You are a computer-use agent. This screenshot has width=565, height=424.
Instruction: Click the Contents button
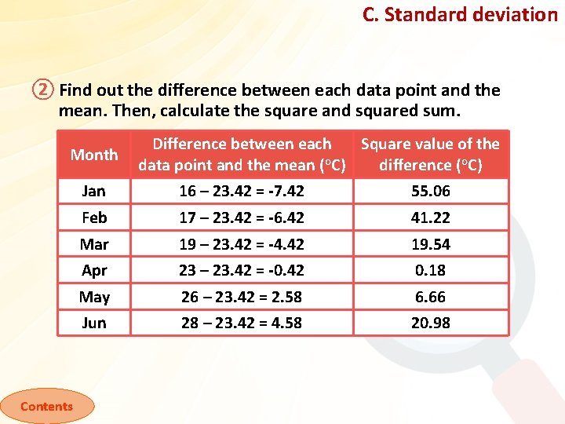[46, 406]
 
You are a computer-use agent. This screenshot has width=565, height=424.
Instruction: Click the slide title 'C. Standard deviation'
[459, 14]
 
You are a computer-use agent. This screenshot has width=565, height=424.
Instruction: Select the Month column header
[94, 155]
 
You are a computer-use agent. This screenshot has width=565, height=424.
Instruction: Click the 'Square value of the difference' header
[430, 155]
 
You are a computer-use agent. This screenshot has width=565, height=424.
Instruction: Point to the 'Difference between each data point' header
[242, 155]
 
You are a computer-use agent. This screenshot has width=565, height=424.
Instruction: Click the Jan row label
[94, 191]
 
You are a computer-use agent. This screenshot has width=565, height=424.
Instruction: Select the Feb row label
[94, 217]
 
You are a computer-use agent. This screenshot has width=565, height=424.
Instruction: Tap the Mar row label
[94, 244]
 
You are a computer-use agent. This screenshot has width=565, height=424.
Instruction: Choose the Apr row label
[94, 270]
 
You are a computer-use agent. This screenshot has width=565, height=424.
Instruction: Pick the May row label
[94, 297]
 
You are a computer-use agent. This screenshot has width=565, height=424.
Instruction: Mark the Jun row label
[94, 323]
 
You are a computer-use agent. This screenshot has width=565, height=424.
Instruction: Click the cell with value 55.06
[431, 191]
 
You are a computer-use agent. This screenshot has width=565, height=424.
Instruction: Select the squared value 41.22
[431, 217]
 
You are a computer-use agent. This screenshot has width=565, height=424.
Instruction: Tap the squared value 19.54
[431, 244]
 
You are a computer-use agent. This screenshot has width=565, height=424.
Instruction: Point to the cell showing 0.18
[431, 270]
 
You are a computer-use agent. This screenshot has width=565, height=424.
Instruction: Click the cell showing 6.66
[431, 297]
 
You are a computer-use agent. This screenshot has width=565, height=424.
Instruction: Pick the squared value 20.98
[431, 323]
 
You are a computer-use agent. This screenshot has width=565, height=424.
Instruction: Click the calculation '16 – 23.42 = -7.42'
[242, 191]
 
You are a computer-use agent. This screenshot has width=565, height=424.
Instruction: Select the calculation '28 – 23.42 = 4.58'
[242, 323]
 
